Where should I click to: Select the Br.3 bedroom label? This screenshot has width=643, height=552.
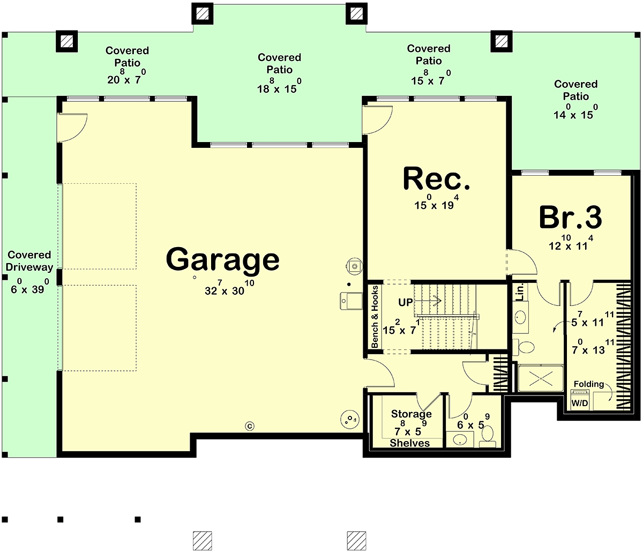point(570,217)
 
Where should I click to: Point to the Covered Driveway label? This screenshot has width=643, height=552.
point(29,261)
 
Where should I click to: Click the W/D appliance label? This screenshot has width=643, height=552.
point(580,403)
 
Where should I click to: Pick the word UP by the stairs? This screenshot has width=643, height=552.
point(406,302)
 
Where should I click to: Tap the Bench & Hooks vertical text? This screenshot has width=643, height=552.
point(375,317)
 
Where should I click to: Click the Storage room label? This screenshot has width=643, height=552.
point(411,414)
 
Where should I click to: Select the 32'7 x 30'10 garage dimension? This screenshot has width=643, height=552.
point(229,287)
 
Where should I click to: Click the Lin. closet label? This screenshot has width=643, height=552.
point(520,292)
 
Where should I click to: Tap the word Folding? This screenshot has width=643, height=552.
point(589,384)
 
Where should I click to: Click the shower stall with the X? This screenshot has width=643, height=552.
point(541,378)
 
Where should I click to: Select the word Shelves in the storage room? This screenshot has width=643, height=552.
point(410,443)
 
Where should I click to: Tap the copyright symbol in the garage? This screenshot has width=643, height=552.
point(250,426)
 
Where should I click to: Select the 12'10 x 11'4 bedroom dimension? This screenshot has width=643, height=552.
point(571,243)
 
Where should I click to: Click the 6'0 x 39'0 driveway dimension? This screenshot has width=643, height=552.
point(30,286)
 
